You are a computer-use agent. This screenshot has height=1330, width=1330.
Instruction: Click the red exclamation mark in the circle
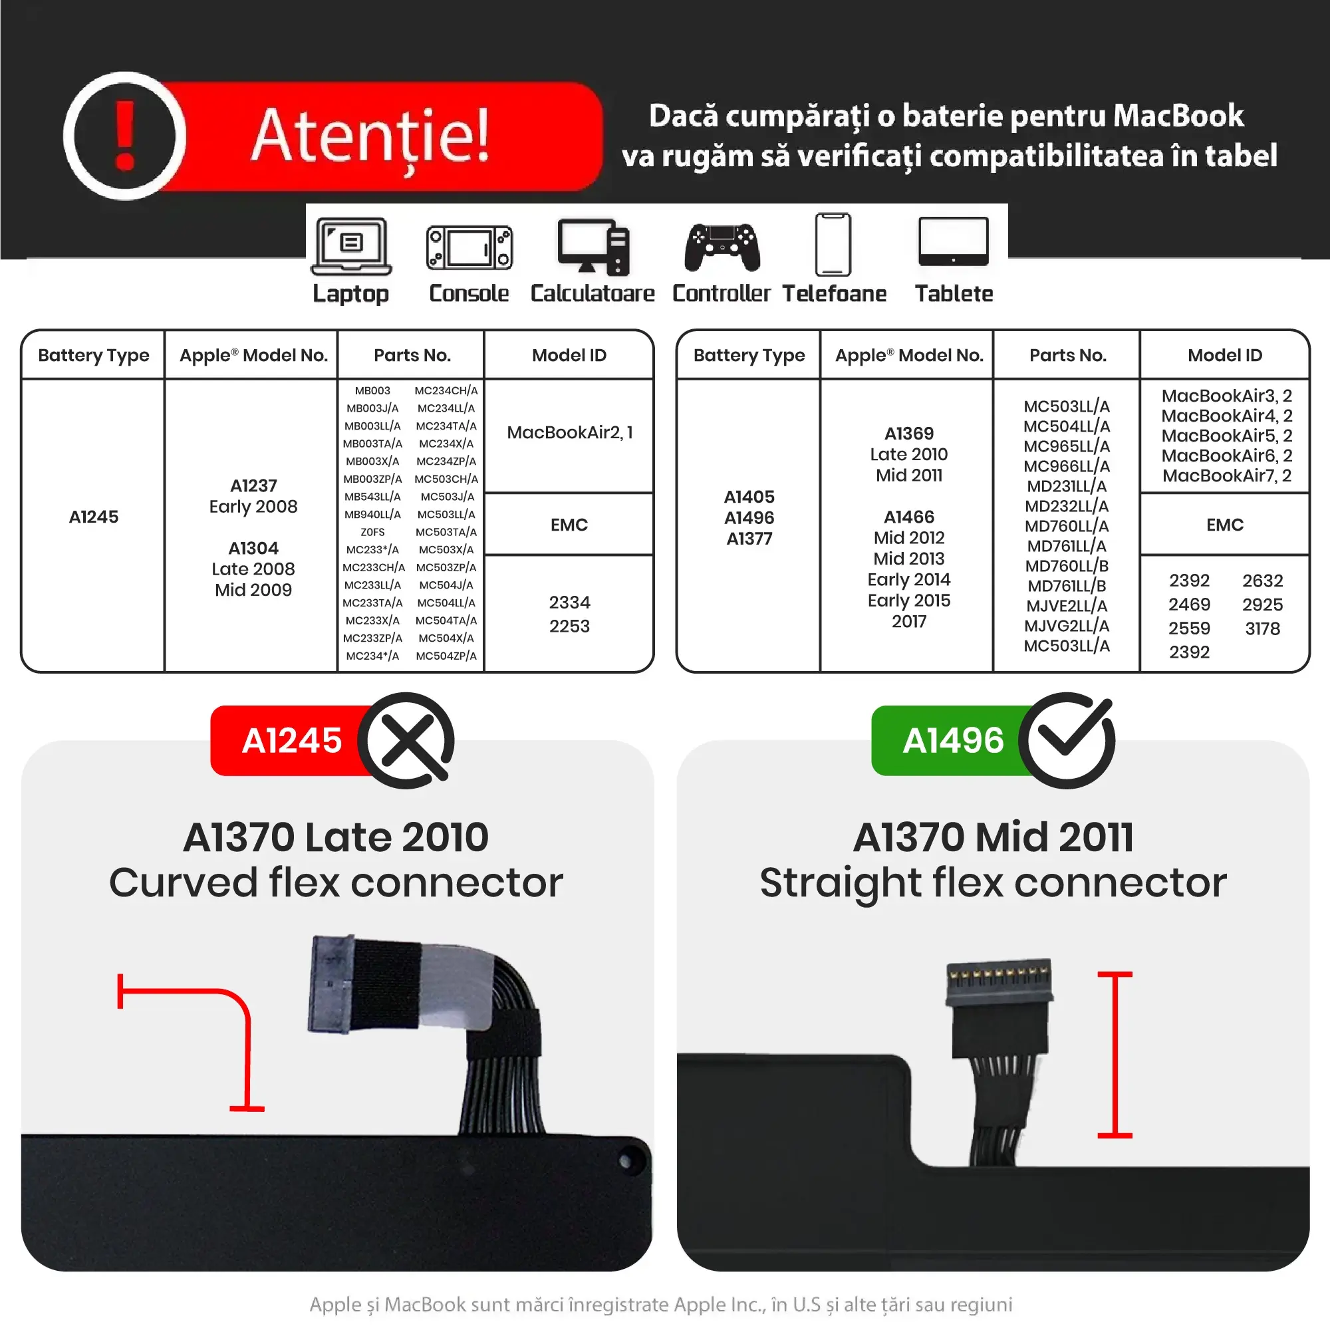[124, 135]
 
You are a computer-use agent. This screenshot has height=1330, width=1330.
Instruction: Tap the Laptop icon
[351, 247]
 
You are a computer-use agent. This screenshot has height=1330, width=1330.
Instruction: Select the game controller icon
[722, 247]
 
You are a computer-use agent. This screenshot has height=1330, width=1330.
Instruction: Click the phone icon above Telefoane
[833, 244]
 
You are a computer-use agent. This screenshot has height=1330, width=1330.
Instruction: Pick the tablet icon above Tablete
[954, 241]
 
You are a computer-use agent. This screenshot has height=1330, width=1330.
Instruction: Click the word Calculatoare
[592, 294]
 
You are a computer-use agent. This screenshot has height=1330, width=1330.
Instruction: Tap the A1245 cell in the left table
[94, 517]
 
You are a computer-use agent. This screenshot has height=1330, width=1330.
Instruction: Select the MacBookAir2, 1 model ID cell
[569, 432]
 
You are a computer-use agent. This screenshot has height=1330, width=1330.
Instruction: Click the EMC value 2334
[569, 602]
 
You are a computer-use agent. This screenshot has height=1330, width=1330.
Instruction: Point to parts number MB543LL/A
[372, 496]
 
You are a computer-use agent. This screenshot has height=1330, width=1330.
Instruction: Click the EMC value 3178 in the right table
[1263, 628]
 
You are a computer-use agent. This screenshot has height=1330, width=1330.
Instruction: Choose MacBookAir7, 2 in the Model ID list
[1227, 475]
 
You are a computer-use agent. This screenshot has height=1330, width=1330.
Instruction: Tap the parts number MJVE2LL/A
[1067, 606]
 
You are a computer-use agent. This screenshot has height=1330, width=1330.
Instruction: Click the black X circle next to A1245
[406, 741]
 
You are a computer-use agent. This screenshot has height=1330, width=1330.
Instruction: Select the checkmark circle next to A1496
[1067, 741]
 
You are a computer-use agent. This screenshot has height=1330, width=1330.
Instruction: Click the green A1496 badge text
[953, 741]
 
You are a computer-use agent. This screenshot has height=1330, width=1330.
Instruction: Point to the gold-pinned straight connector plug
[999, 983]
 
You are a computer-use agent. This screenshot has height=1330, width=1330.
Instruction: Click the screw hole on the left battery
[625, 1161]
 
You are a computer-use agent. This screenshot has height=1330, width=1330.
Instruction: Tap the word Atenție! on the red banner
[370, 136]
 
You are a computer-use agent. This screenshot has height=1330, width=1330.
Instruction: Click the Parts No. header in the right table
[1067, 355]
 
